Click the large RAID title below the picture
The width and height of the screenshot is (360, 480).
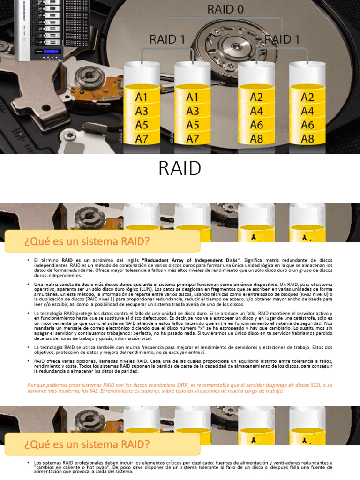[180, 168]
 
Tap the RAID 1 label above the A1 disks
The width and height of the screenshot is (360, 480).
[167, 39]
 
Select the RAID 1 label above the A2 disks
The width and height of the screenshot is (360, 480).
[283, 39]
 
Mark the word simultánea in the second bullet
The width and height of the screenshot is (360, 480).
[48, 294]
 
